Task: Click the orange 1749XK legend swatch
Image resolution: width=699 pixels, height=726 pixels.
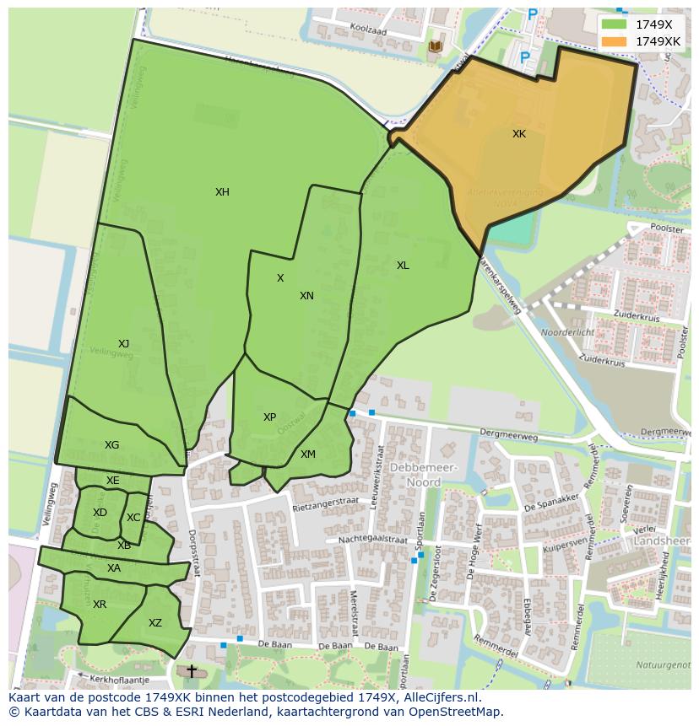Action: point(614,41)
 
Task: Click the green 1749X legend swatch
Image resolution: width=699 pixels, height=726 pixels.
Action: point(614,24)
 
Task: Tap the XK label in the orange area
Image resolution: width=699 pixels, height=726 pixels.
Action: point(519,134)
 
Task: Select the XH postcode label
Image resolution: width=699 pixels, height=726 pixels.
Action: point(222,192)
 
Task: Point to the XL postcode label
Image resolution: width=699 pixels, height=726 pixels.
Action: point(403,266)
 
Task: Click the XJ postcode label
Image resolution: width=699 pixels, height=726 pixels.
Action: point(123,344)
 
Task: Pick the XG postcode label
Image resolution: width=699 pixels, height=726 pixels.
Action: point(111,445)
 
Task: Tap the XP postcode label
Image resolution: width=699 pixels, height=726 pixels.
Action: point(269,417)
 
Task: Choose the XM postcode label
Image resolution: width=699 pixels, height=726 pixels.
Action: point(308,454)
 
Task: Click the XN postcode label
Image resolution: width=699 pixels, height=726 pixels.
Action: point(306,296)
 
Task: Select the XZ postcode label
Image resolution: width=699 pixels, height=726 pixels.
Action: point(154,624)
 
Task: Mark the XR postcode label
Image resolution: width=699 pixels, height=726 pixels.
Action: point(100,605)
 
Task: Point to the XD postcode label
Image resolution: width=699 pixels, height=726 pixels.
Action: point(100,513)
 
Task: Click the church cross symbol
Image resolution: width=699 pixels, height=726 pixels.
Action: point(192,671)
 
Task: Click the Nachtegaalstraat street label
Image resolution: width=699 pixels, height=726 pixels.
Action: point(372,540)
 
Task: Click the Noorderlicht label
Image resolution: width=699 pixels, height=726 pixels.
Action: point(567,332)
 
